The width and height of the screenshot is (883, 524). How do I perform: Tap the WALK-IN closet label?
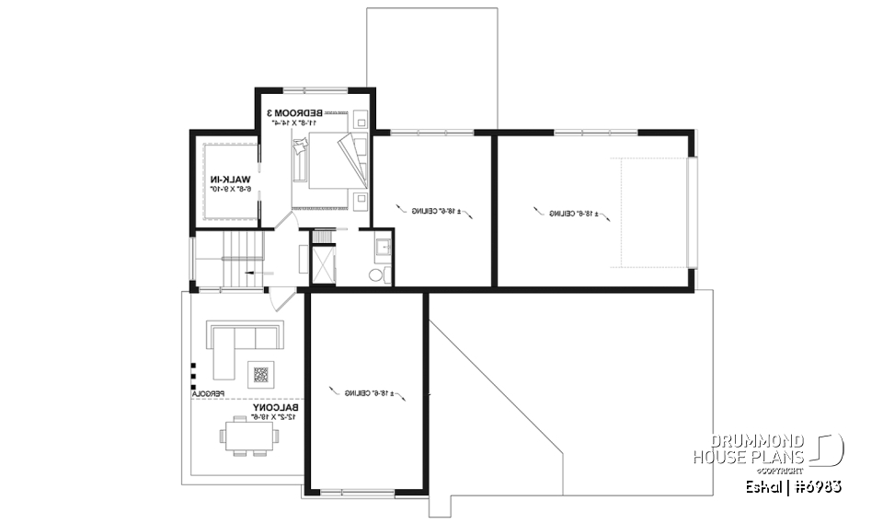pyautogui.click(x=226, y=179)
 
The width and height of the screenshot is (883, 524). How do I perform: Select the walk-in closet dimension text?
pyautogui.click(x=226, y=189)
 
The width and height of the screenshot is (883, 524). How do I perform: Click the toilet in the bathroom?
pyautogui.click(x=377, y=274)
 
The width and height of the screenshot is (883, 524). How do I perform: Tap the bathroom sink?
pyautogui.click(x=383, y=247)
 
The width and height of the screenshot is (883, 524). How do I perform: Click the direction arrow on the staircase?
pyautogui.click(x=255, y=274)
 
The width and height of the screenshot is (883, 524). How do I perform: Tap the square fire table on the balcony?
pyautogui.click(x=261, y=374)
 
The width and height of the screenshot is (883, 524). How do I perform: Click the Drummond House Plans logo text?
pyautogui.click(x=749, y=448)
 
